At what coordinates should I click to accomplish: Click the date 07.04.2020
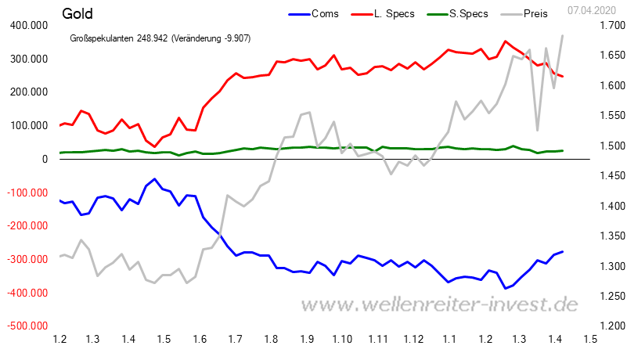pyautogui.click(x=594, y=9)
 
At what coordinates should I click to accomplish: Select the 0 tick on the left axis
pyautogui.click(x=44, y=160)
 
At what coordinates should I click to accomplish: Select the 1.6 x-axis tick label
pyautogui.click(x=199, y=339)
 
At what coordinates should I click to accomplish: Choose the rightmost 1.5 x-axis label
pyautogui.click(x=589, y=339)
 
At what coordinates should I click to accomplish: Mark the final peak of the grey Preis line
pyautogui.click(x=562, y=35)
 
